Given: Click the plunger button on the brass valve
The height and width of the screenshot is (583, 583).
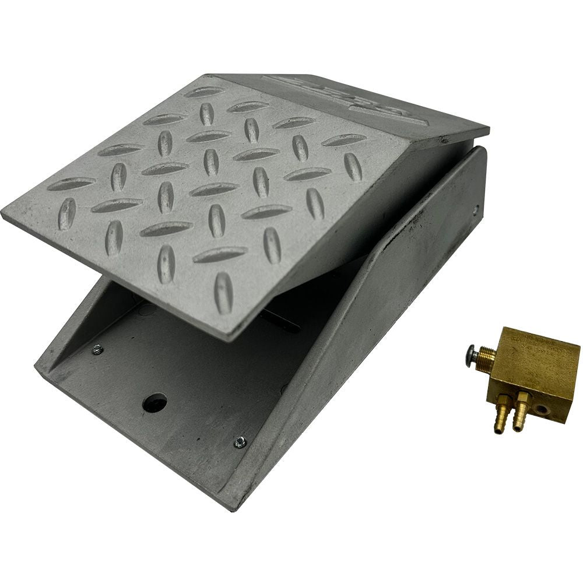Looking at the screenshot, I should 470,353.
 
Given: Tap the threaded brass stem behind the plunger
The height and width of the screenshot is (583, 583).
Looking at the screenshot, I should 484,355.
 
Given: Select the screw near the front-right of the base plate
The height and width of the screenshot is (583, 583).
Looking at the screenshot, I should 239,444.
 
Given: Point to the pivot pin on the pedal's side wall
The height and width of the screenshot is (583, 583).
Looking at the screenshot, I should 477,206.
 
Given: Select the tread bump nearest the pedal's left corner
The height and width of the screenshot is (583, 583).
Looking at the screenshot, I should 68,213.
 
